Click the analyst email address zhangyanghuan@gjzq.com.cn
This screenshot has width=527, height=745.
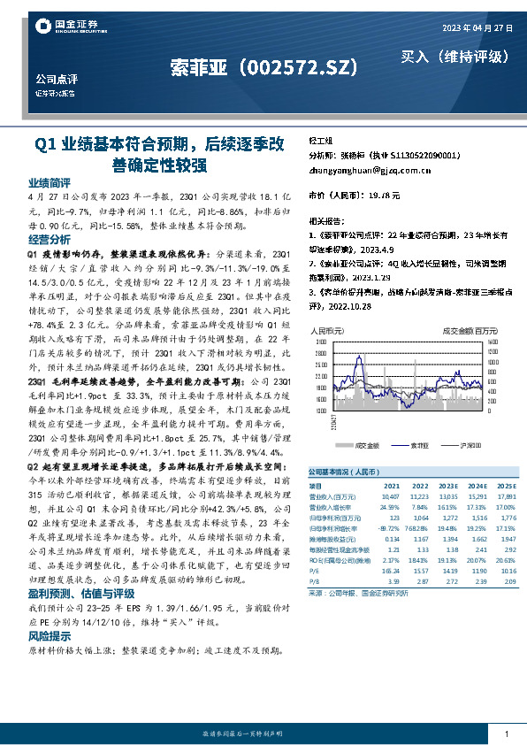(366, 168)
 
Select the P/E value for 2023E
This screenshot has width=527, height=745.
(447, 549)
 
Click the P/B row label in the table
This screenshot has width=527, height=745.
(314, 557)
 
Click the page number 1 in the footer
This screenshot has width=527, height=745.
(506, 733)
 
